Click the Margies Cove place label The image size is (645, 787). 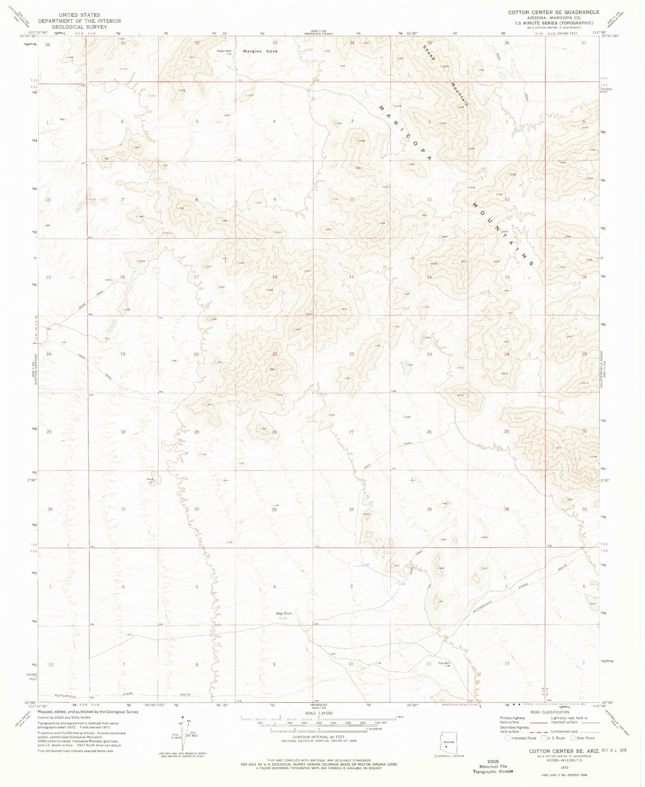[x=260, y=51]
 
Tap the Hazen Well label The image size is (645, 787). [x=224, y=51]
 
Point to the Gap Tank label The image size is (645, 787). [x=283, y=613]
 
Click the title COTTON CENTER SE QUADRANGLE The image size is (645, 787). [x=553, y=12]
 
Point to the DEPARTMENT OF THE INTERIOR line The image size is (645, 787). [x=79, y=21]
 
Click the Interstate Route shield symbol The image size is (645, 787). [x=508, y=738]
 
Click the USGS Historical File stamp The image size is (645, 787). [x=493, y=766]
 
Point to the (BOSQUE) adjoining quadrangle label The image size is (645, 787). [x=318, y=705]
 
